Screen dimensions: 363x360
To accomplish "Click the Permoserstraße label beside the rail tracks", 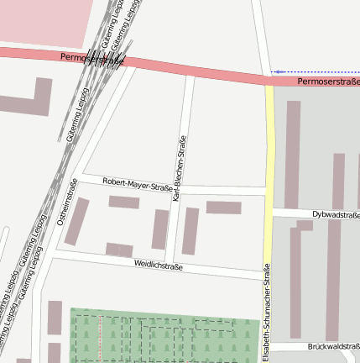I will coord(92,60).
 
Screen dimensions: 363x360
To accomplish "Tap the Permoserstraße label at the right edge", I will coord(328,82).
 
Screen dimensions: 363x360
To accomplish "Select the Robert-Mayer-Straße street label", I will coord(137,182).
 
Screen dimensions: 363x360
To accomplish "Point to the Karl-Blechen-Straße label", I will coord(179,168).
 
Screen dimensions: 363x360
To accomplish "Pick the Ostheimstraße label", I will coord(66,203).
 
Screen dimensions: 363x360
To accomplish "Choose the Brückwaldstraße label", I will coord(333,346).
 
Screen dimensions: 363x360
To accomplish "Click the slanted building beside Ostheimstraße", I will coord(77,221).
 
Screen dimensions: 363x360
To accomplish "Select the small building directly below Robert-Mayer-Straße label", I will coord(124,202).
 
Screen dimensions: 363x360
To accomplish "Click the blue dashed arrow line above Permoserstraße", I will coord(315,72).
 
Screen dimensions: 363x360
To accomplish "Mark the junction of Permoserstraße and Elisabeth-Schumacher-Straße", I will coord(269,82).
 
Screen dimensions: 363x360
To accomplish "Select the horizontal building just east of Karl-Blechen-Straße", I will coord(223,207).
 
